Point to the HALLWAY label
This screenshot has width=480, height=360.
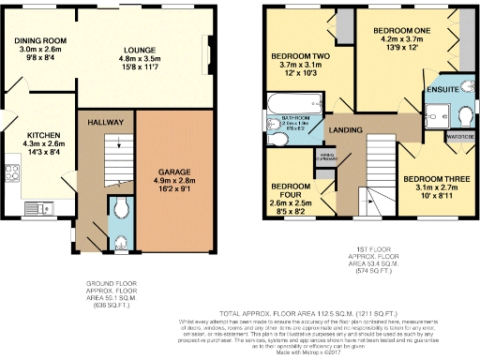click(x=104, y=123)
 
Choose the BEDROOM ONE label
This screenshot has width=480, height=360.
click(x=403, y=28)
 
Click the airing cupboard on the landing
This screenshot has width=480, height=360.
click(x=327, y=157)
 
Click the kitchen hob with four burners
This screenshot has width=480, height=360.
click(x=12, y=172)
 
